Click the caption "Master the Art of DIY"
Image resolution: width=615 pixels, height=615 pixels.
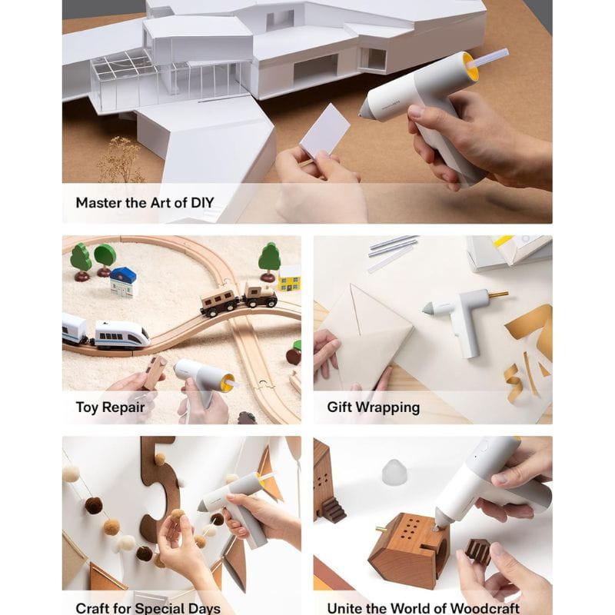[x=145, y=204]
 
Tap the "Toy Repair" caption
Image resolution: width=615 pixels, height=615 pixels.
[x=109, y=407]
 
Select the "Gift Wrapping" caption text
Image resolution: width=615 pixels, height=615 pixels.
[x=373, y=407]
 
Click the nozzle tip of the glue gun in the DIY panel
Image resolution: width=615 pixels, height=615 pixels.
[x=364, y=114]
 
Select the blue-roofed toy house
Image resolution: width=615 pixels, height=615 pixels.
[x=123, y=281]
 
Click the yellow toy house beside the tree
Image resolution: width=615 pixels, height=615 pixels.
[x=290, y=279]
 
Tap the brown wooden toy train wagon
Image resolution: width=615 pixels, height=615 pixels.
[x=219, y=301]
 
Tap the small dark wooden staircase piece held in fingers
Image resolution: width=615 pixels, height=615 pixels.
[x=477, y=550]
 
